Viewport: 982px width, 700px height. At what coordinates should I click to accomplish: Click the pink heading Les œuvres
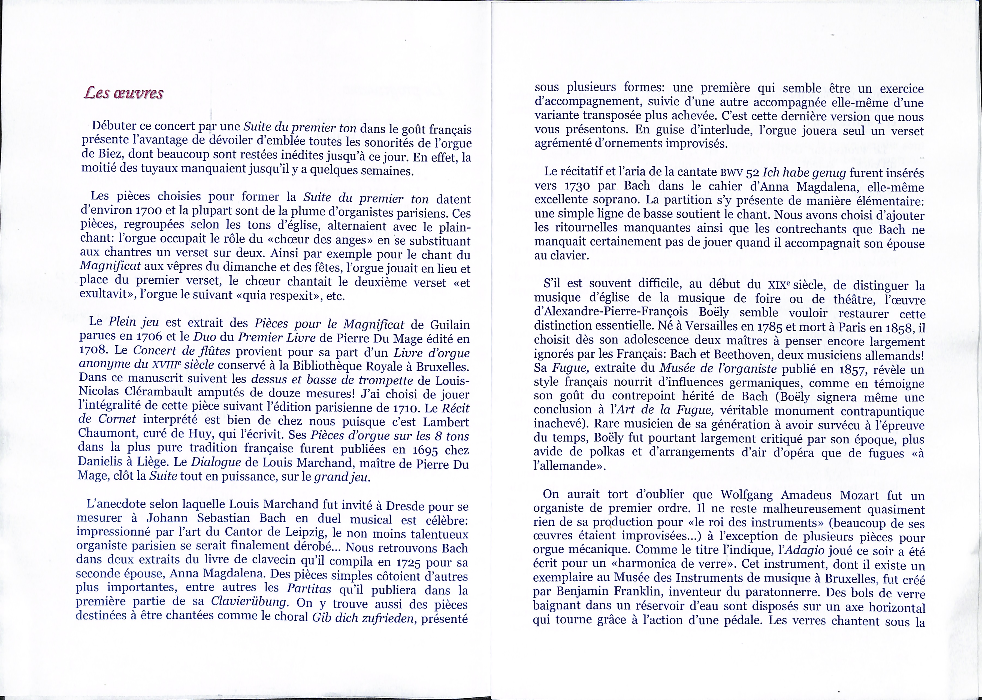pos(123,93)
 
